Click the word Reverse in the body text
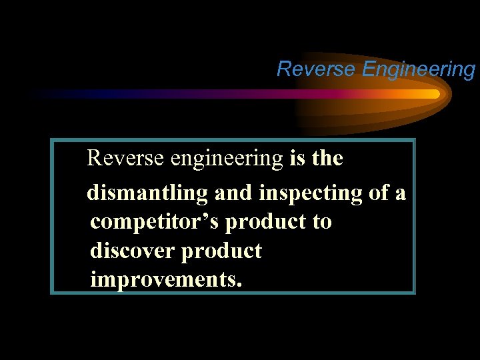127,159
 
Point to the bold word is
297,159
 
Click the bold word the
327,159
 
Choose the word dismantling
147,193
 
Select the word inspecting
311,193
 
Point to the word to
321,222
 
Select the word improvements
163,280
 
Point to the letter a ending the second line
401,194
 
